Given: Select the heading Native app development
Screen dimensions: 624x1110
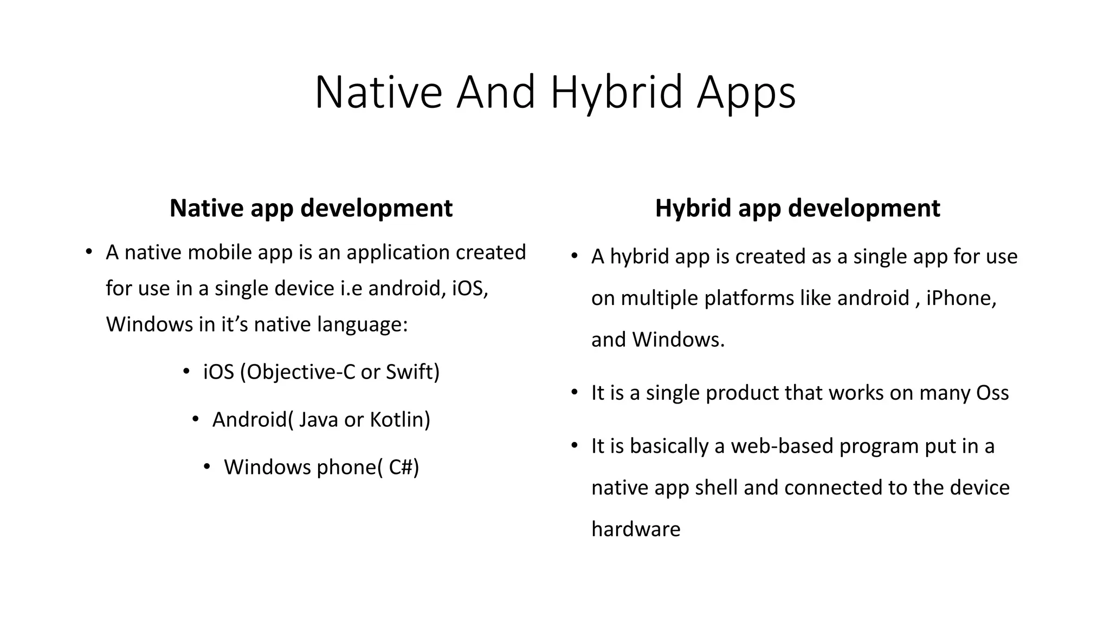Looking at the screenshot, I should coord(311,208).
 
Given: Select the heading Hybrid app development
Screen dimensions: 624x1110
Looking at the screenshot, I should coord(797,208).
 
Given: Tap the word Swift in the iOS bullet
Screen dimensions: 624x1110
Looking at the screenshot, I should coord(412,372).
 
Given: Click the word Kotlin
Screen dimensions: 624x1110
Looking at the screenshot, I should coord(399,420).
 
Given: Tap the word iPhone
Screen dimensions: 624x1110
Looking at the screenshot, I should coord(960,298).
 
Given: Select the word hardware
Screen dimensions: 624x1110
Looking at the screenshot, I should coord(635,529).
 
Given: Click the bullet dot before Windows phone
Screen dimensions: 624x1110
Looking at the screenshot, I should coord(206,466).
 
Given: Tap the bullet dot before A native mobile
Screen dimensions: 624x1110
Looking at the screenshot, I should coord(88,252).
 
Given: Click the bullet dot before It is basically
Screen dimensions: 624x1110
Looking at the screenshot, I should coord(575,446).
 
